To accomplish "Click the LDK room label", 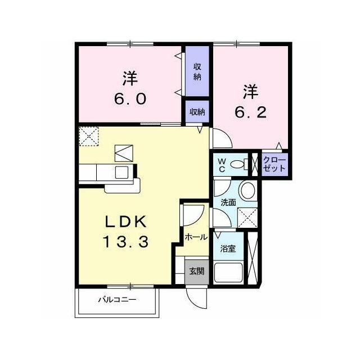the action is (x=125, y=222).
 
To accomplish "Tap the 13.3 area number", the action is (x=125, y=241).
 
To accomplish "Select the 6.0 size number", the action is (x=130, y=99).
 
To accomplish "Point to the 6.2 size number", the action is (x=250, y=112).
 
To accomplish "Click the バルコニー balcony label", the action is (x=118, y=299).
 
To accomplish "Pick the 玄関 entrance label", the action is (x=197, y=272).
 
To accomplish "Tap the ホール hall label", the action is (x=196, y=237).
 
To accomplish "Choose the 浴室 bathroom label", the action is (x=228, y=249).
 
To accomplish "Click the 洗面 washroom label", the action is (x=228, y=202).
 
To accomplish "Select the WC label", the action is (x=222, y=165).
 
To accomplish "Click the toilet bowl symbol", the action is (x=239, y=164).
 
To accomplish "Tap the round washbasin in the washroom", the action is (x=247, y=191).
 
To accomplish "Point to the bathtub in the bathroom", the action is (x=228, y=272).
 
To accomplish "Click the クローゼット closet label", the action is (x=274, y=164).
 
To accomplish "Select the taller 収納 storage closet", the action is (x=197, y=71).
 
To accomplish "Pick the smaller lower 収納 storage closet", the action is (x=197, y=111).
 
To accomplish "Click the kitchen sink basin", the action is (x=121, y=172).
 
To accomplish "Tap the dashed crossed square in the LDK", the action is (x=89, y=136).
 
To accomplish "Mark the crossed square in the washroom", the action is (x=247, y=218).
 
